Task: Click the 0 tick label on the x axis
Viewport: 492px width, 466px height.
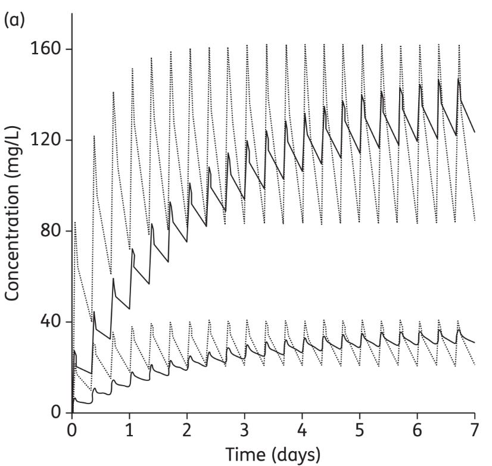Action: (71, 429)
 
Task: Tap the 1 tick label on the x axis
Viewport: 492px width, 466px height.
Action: (129, 429)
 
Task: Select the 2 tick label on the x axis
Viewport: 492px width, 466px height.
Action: (187, 429)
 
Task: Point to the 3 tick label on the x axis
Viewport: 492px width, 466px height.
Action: (244, 429)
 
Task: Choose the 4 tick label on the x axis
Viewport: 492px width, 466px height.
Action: (302, 429)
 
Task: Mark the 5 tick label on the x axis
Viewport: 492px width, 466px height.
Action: (360, 429)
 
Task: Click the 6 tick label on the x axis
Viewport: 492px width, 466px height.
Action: (418, 429)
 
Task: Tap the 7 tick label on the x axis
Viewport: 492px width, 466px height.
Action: (475, 429)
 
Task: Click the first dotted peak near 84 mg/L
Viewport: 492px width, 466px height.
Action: (75, 222)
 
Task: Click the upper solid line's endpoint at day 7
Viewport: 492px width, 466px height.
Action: (475, 132)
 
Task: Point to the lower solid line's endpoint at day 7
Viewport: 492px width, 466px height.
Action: (475, 342)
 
